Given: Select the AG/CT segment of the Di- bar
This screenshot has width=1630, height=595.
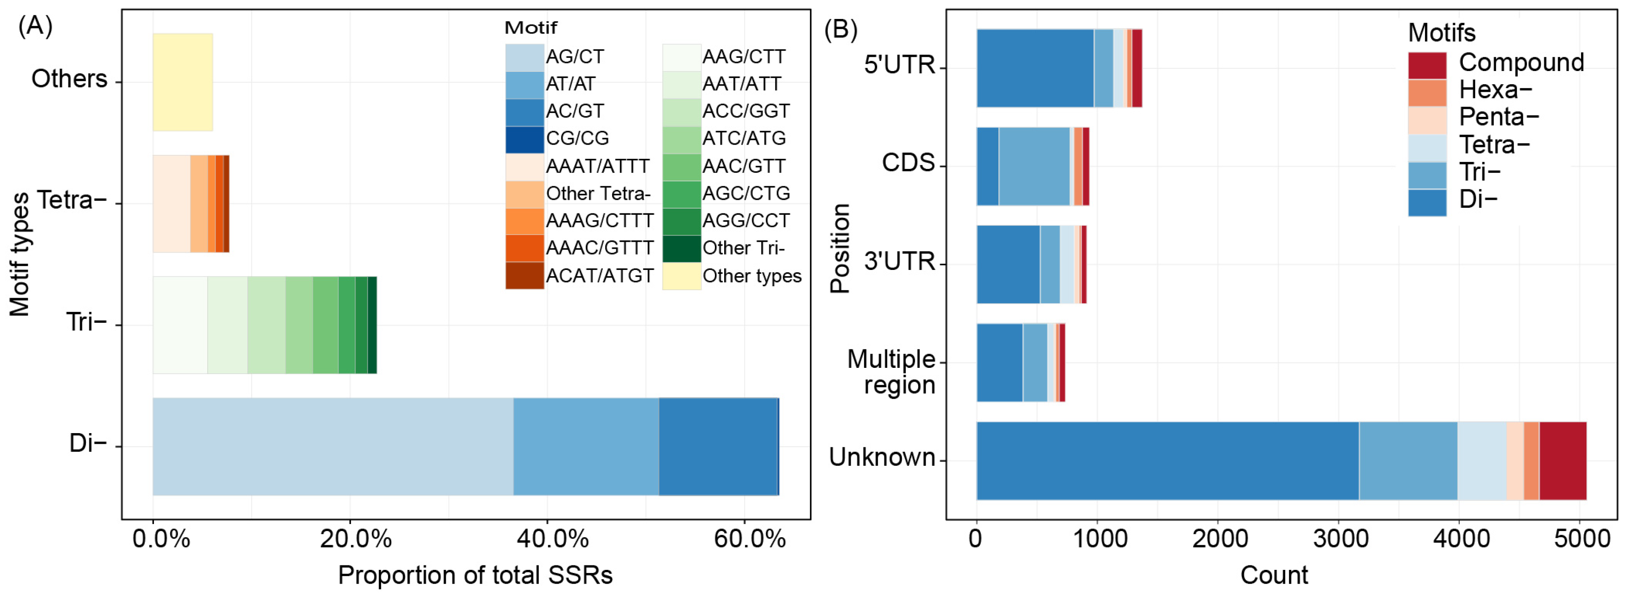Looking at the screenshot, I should [332, 446].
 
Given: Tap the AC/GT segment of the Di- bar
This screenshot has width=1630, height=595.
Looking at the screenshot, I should [718, 446].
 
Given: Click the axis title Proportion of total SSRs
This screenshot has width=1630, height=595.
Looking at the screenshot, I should [475, 575].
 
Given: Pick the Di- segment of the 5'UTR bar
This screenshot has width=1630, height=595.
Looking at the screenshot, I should [1035, 68].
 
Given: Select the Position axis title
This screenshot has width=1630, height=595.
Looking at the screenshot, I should [840, 248].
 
